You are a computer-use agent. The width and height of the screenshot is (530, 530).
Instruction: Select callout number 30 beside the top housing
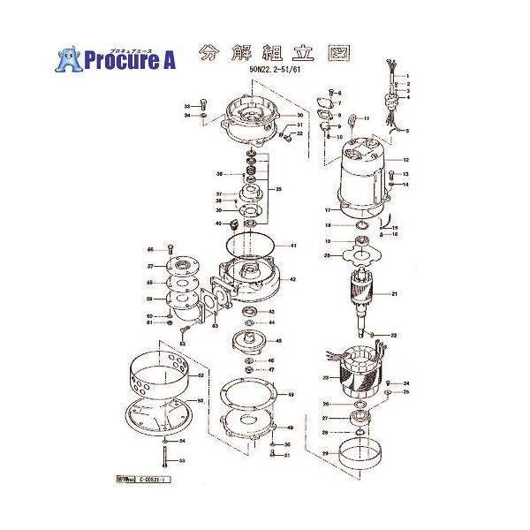point(300,116)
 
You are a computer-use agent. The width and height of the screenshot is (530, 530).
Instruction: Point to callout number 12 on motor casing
point(407,160)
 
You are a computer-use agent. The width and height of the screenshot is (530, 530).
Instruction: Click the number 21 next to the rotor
point(396,293)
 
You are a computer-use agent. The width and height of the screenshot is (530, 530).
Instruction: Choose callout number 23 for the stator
point(325,378)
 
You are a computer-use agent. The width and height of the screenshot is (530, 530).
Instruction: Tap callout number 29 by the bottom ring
point(325,453)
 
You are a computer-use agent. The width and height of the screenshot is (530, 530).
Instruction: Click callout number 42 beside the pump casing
point(293,279)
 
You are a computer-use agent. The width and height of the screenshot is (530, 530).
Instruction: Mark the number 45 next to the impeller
point(279,340)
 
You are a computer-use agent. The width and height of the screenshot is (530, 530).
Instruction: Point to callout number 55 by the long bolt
point(182,460)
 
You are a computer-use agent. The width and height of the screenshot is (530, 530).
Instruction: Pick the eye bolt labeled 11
point(348,119)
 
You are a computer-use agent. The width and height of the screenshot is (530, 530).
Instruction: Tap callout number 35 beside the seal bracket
point(280,189)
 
